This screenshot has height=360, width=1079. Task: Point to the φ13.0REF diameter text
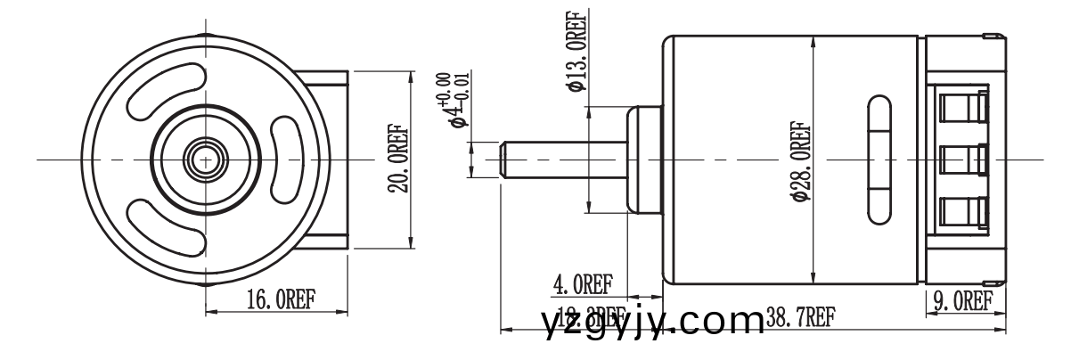(x=576, y=52)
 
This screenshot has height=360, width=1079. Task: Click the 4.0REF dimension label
(x=583, y=285)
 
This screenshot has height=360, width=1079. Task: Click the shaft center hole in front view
(x=205, y=160)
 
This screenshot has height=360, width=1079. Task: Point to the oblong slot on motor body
(x=878, y=160)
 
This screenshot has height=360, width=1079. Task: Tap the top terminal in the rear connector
(x=964, y=109)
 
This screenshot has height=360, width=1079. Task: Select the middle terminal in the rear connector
(x=964, y=160)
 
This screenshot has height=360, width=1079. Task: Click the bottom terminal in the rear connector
(x=964, y=212)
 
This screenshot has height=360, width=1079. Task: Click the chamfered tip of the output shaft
(x=504, y=160)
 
